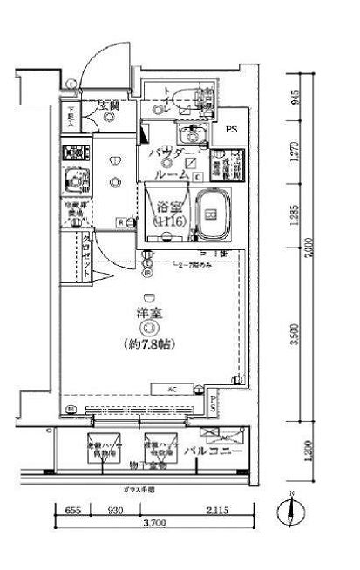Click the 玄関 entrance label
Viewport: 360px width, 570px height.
click(108, 107)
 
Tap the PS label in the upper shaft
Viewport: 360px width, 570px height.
click(231, 130)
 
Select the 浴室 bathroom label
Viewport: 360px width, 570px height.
click(167, 207)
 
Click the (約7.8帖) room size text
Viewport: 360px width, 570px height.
click(149, 344)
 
